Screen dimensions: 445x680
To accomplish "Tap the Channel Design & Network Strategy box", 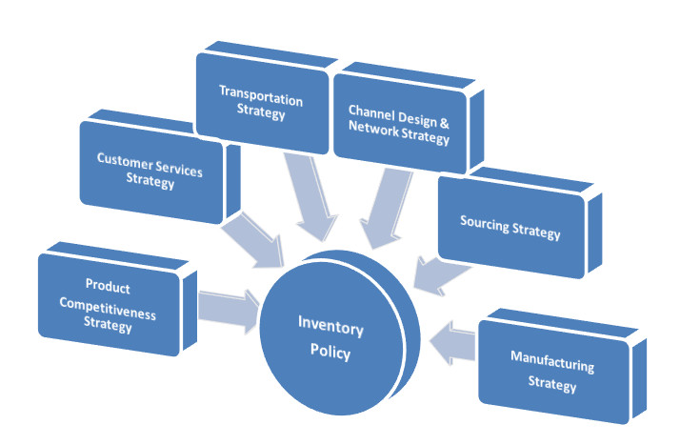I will pos(399,120).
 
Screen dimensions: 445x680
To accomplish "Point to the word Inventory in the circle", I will pos(330,330).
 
